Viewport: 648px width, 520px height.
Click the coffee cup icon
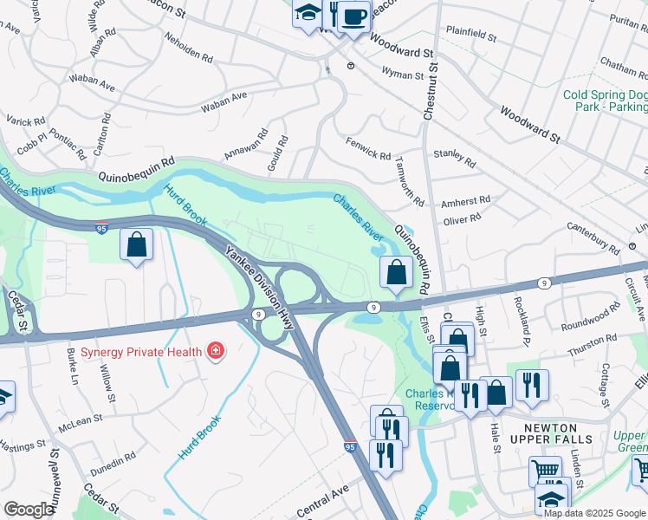click(x=353, y=16)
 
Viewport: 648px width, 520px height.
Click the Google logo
click(x=28, y=510)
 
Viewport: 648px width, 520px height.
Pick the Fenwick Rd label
click(x=368, y=147)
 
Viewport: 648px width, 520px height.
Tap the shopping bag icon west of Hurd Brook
click(x=137, y=245)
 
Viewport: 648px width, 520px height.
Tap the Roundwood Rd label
click(x=591, y=315)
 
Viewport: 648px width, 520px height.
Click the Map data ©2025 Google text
click(x=594, y=513)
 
